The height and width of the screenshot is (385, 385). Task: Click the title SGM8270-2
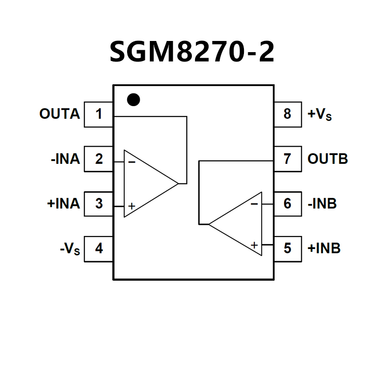click(x=192, y=52)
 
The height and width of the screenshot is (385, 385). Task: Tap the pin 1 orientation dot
click(x=134, y=100)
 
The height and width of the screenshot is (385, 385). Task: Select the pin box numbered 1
click(x=99, y=114)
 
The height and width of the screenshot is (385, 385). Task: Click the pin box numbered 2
click(x=99, y=159)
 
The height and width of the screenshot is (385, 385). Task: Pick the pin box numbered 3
click(x=99, y=203)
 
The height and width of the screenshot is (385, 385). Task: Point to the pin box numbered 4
click(x=99, y=249)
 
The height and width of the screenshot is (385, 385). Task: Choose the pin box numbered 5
click(x=287, y=249)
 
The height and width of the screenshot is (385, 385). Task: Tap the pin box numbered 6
click(x=287, y=203)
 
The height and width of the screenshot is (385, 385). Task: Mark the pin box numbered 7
click(x=287, y=159)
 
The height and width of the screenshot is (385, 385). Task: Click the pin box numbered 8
click(x=287, y=114)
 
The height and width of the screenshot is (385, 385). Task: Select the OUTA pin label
click(x=60, y=114)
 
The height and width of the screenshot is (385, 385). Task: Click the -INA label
click(x=65, y=159)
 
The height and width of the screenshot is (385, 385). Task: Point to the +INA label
click(x=63, y=203)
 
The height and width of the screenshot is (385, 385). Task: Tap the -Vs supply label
click(x=70, y=249)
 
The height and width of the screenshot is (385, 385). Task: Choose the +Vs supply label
click(x=320, y=115)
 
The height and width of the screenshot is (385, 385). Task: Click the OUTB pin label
click(x=328, y=159)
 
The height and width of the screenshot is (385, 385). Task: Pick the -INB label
click(x=322, y=203)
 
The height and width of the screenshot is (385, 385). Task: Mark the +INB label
click(x=324, y=249)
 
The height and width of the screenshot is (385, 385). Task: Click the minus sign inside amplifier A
click(x=132, y=162)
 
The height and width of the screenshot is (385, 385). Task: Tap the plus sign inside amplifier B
click(x=254, y=245)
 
